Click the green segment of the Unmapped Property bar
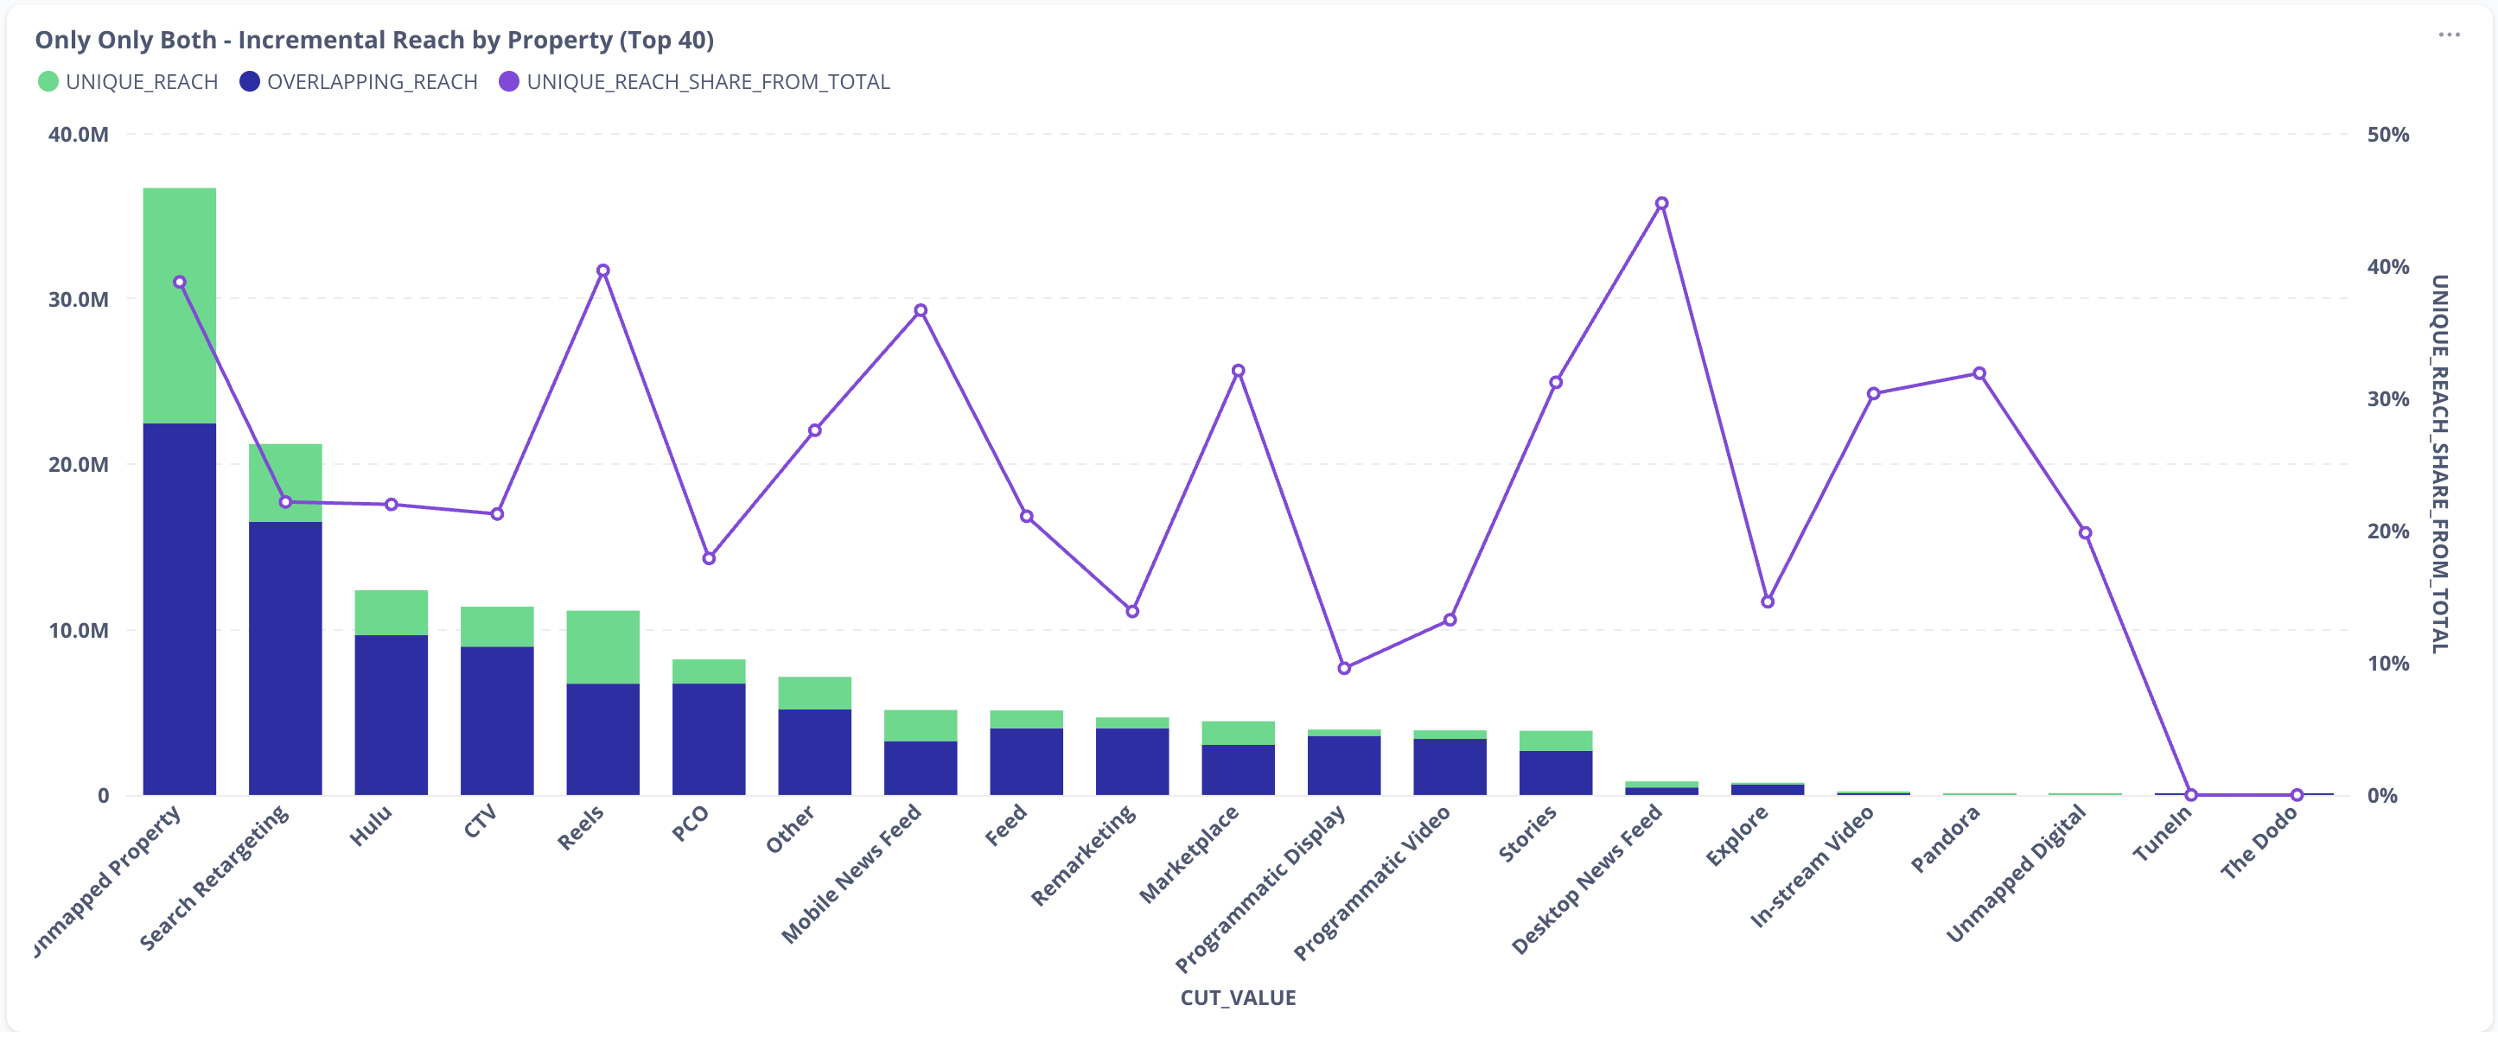[180, 304]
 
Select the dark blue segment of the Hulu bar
[391, 715]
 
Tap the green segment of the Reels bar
[602, 646]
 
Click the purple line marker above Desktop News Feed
[1661, 204]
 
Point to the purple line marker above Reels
[602, 270]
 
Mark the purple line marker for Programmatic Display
[1344, 668]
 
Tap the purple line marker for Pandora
[1979, 373]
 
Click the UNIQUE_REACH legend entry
[128, 81]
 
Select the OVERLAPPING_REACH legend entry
[359, 81]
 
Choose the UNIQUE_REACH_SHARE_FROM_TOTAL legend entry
[694, 81]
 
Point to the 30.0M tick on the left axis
[79, 300]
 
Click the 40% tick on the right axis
[2387, 266]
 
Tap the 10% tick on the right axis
[2387, 664]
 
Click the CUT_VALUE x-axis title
[1238, 997]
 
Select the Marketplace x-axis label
[1188, 854]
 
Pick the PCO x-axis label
[690, 824]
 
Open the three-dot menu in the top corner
[2449, 35]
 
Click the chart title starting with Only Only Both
[374, 40]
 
